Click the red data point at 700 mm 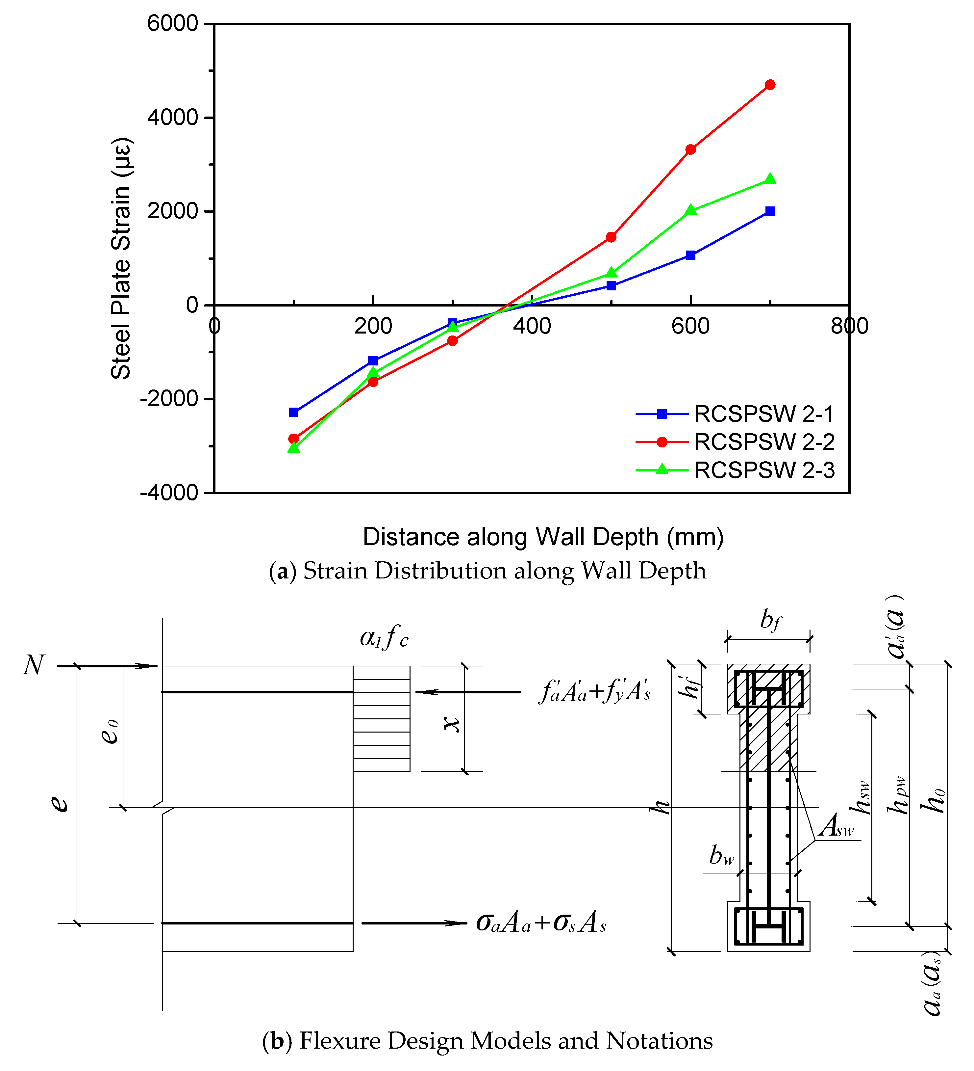point(770,85)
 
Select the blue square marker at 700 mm point(770,211)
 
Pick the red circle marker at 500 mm point(612,237)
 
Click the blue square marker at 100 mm point(293,412)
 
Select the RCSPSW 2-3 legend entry point(764,470)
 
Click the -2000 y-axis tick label point(169,399)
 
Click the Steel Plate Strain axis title point(121,259)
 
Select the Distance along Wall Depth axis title point(543,537)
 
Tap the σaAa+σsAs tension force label point(541,923)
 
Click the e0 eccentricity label point(110,732)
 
